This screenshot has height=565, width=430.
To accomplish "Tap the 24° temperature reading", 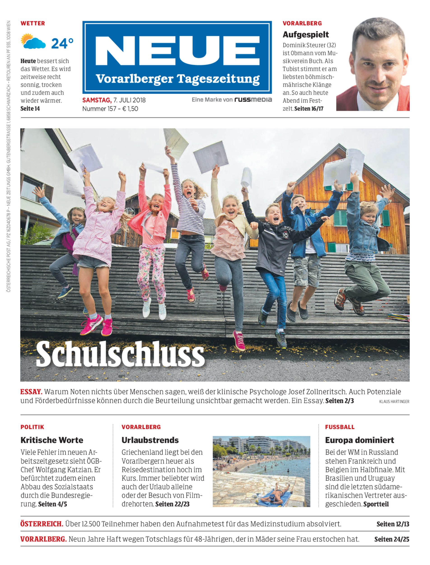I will [62, 43].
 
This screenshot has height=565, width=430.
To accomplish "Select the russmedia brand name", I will [253, 100].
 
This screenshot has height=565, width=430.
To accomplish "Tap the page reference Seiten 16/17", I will [309, 109].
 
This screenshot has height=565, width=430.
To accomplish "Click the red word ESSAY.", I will [31, 392].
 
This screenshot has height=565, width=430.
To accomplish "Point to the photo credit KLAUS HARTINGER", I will [394, 402].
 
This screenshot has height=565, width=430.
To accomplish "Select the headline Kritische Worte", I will [52, 440].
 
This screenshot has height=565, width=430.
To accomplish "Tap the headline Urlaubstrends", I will [150, 440].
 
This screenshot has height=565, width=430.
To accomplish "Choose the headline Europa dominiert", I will [359, 440].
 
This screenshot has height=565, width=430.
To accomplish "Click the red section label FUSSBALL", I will [340, 427].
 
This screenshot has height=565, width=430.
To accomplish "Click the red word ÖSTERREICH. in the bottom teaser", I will [42, 524].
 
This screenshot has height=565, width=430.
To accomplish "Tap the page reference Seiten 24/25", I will [392, 539].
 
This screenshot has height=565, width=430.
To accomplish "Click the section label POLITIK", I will [32, 427].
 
